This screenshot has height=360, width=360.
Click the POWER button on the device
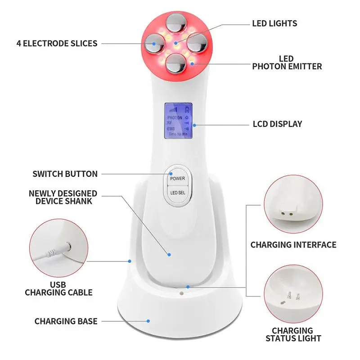[177, 178]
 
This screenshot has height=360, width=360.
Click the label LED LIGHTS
[274, 23]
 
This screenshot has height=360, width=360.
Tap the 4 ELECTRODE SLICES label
[57, 44]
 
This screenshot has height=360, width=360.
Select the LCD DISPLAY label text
[277, 124]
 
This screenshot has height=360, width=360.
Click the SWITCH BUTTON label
[65, 174]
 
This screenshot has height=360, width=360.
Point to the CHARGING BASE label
[66, 321]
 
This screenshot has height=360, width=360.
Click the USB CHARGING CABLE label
[58, 288]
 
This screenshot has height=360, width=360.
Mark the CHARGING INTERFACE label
[293, 245]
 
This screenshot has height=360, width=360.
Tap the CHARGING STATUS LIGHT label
[293, 334]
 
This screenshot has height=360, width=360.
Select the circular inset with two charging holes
[293, 203]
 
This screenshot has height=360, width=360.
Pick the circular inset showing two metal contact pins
[293, 292]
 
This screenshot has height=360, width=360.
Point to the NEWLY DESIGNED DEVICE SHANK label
[63, 197]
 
